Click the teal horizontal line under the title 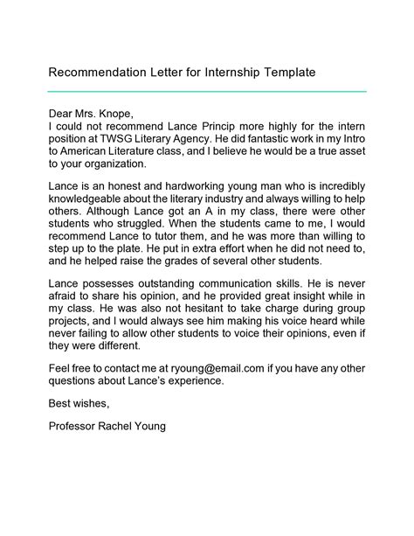coord(206,91)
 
